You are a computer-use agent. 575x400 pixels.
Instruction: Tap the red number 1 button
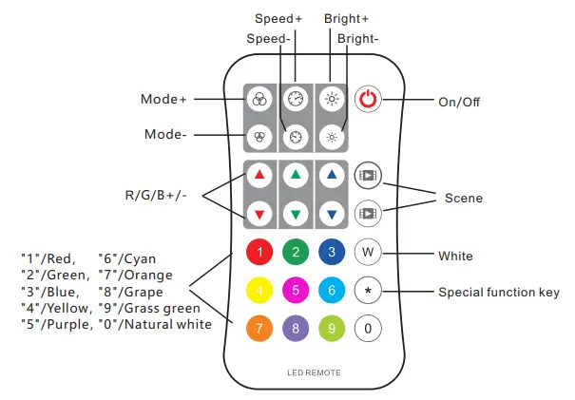tap(259, 252)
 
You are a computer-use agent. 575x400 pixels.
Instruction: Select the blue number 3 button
tap(331, 252)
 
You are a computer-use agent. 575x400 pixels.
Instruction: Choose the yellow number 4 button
tap(259, 291)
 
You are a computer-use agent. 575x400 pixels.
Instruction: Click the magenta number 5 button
tap(296, 291)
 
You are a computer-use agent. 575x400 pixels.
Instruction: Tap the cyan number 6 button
tap(331, 291)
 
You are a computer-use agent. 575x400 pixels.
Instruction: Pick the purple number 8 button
tap(296, 330)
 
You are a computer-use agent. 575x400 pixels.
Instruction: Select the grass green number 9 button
tap(331, 330)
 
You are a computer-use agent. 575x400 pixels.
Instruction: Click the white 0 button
tap(367, 330)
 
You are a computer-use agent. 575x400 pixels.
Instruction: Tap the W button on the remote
tap(367, 252)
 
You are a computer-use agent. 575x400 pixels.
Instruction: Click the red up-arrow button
tap(259, 175)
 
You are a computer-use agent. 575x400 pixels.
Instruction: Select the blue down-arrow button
tap(331, 211)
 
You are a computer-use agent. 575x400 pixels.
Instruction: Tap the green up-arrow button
tap(296, 175)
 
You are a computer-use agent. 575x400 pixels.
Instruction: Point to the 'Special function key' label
tap(497, 292)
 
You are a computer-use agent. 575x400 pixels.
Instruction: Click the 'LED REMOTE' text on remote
tap(314, 371)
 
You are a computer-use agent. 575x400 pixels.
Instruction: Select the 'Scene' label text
tap(464, 198)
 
